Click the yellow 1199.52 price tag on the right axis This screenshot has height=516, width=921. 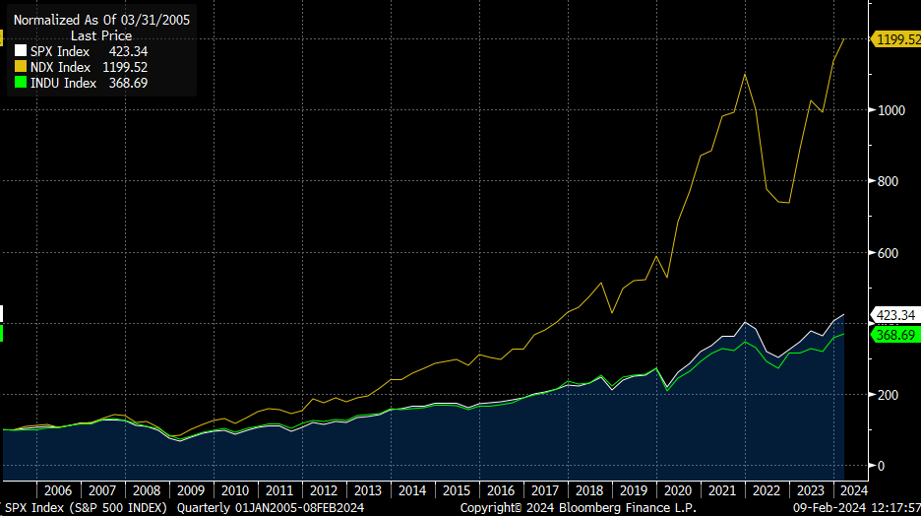coord(896,39)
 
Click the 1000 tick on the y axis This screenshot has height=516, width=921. coord(891,110)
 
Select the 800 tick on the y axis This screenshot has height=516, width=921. coord(888,181)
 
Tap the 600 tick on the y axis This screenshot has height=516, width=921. coord(888,253)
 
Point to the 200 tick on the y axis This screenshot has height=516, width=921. coord(888,395)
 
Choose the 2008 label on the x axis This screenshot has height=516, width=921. coord(147,490)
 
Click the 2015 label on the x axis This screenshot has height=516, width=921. coord(457,490)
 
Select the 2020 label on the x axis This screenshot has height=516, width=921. coord(678,490)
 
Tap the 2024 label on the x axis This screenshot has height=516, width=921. coord(853,490)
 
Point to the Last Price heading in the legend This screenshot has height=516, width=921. coord(100,35)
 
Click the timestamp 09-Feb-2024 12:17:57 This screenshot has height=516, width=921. coord(855,508)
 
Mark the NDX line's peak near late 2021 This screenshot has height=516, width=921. coord(745,73)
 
